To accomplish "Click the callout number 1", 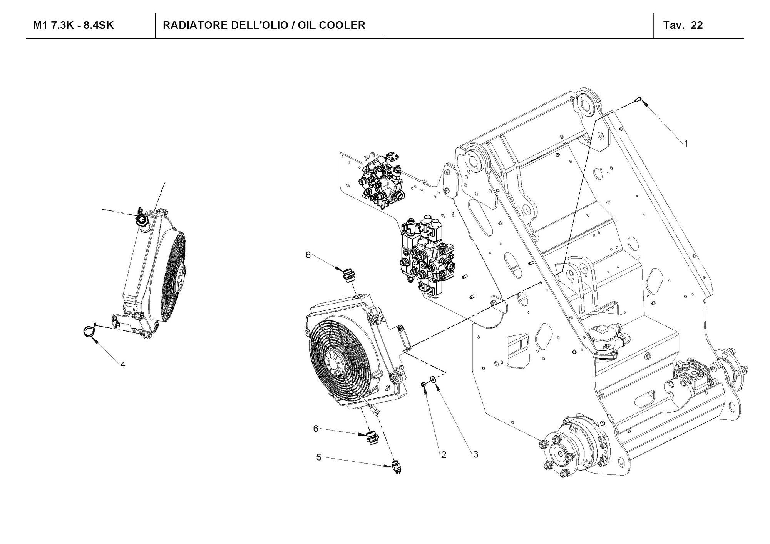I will (685, 144).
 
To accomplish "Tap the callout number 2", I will (444, 455).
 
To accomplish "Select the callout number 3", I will (475, 454).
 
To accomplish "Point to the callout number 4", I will (123, 364).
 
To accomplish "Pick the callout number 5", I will (319, 457).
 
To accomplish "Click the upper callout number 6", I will (308, 255).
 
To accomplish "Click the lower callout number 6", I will (316, 429).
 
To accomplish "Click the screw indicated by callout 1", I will (637, 100).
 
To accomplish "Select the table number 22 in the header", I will (697, 25).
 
